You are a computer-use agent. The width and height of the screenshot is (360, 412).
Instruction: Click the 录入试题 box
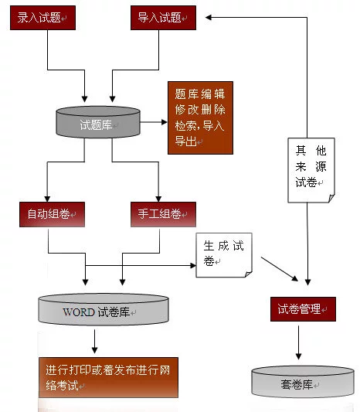click(42, 18)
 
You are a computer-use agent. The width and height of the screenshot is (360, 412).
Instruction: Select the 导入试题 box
click(163, 18)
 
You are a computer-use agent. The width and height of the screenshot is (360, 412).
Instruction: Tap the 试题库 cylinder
click(98, 122)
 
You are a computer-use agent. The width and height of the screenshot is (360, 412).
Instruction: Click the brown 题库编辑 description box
click(200, 117)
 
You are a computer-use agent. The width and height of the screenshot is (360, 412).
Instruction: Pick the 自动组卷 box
click(52, 214)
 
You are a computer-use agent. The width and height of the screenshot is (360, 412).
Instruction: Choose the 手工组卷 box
click(163, 214)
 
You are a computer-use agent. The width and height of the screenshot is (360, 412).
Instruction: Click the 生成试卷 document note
click(224, 255)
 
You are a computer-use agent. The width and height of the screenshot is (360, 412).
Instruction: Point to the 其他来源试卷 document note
click(311, 170)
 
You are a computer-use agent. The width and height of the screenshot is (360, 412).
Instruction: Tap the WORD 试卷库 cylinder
click(104, 309)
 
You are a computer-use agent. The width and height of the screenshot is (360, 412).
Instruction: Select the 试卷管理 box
click(303, 309)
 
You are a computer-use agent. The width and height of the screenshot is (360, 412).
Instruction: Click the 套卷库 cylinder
click(303, 382)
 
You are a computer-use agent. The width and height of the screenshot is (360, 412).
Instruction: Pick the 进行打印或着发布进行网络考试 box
click(108, 377)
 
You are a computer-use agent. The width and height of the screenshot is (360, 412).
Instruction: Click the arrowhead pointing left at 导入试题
click(209, 17)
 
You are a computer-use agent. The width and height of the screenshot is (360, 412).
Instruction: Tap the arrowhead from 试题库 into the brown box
click(165, 122)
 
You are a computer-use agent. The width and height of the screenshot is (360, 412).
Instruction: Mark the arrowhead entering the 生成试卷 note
click(193, 265)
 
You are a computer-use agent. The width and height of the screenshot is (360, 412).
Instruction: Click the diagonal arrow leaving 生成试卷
click(280, 269)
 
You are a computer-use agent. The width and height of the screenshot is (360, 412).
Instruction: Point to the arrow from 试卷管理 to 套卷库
click(298, 342)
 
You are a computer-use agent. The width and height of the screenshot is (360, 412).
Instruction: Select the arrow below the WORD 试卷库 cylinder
click(95, 342)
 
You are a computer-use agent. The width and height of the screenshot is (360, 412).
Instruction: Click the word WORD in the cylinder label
click(79, 312)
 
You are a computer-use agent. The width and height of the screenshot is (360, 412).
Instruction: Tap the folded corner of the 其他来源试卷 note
click(331, 198)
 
